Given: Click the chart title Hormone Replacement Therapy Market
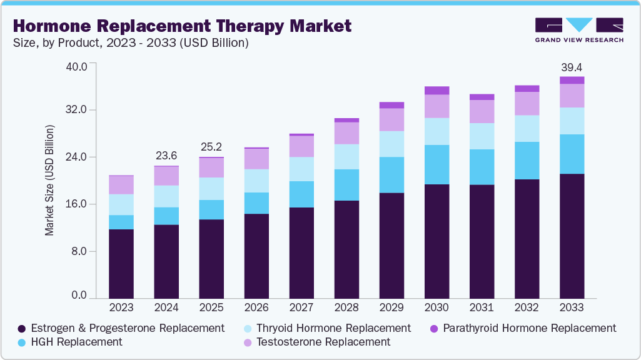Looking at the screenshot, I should (x=181, y=26).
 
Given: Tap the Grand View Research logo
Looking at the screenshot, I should (x=578, y=30).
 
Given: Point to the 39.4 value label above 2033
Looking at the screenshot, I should (x=572, y=67).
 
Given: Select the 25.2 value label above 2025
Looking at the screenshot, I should (x=211, y=147).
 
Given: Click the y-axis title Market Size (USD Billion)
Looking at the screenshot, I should (x=49, y=180).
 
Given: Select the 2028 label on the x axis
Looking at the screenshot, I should (x=346, y=307).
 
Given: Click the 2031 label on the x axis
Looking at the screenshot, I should (x=482, y=307).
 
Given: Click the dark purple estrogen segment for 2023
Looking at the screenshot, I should (x=121, y=263).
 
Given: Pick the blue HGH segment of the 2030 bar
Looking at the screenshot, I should (x=437, y=164).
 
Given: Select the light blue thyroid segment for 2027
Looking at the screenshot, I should (x=301, y=169).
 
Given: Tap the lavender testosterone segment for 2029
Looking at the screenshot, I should (x=391, y=119).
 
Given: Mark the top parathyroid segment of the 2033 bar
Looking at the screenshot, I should (x=572, y=80).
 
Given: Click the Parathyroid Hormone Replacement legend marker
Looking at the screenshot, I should (x=434, y=328).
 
